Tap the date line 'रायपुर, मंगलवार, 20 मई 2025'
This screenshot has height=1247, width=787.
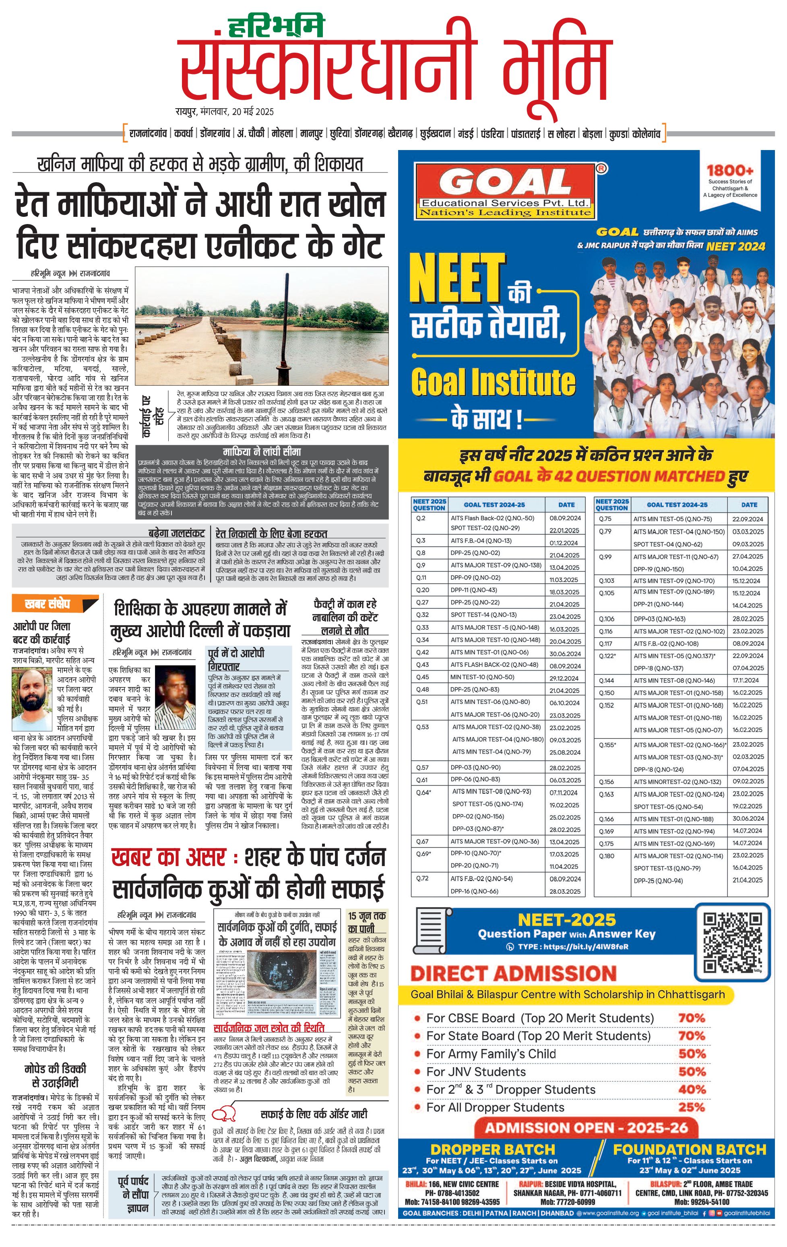point(224,112)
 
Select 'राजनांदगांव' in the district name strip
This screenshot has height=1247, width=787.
point(148,134)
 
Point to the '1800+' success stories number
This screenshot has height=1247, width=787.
point(729,171)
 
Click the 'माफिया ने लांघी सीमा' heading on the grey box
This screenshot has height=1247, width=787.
point(262,452)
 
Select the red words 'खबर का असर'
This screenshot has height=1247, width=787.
point(168,858)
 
